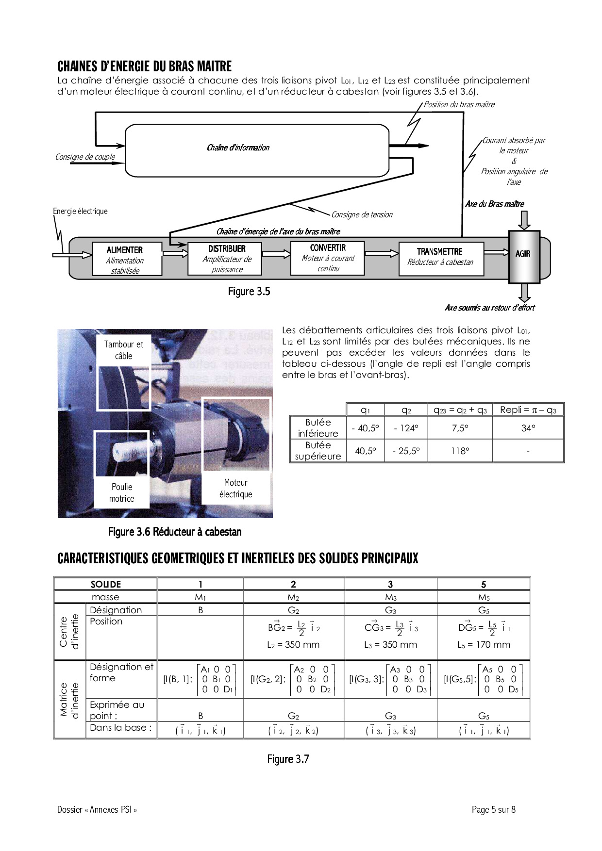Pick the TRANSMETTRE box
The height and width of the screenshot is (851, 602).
[441, 259]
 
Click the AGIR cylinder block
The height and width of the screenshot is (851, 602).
[523, 256]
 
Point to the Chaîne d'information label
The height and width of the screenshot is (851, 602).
[238, 148]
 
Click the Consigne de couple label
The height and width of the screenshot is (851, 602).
[85, 157]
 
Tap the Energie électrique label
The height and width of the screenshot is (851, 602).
[80, 211]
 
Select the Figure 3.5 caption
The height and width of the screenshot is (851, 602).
[249, 292]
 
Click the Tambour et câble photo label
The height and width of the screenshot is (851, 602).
[123, 350]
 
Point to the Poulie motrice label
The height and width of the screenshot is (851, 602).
[121, 492]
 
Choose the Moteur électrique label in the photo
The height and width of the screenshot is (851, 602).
[235, 488]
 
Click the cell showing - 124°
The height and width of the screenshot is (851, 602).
[406, 428]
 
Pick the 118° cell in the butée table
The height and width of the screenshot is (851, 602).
[460, 451]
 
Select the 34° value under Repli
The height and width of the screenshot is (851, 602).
[528, 428]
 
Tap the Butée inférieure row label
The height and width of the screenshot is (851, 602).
[318, 428]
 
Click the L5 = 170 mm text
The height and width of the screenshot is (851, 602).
[484, 644]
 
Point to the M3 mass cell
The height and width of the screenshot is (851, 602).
[390, 597]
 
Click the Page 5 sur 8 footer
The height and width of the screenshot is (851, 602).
[493, 809]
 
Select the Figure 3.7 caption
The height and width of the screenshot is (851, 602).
[288, 759]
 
